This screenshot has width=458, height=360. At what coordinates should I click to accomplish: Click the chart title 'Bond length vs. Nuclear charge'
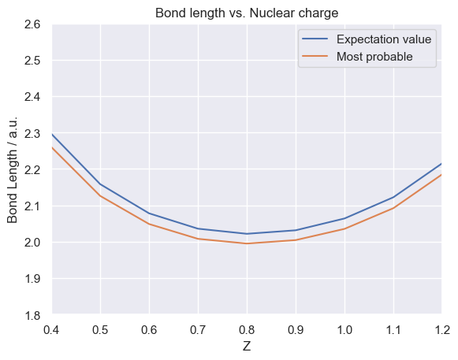[x=247, y=13]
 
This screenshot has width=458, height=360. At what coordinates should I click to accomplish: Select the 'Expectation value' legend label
[x=384, y=39]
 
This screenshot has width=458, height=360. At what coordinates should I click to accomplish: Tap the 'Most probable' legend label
[x=374, y=57]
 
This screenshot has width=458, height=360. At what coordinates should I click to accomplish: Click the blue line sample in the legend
[x=315, y=39]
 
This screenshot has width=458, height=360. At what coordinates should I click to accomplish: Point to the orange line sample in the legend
[x=315, y=56]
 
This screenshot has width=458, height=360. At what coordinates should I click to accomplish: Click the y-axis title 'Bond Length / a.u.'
[x=13, y=169]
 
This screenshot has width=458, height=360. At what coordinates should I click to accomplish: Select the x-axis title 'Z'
[x=247, y=347]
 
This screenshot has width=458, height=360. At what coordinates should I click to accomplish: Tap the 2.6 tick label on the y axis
[x=32, y=24]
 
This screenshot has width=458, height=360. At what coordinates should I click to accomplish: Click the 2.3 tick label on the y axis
[x=32, y=134]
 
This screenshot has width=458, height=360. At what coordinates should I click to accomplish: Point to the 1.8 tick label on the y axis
[x=32, y=315]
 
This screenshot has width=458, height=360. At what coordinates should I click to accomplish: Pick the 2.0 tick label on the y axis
[x=32, y=243]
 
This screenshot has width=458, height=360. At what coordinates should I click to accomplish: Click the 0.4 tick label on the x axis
[x=51, y=330]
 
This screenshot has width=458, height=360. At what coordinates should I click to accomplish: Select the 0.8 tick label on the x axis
[x=247, y=330]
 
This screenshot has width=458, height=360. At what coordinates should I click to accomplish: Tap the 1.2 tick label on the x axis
[x=442, y=330]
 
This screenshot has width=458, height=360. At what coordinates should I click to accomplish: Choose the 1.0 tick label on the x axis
[x=344, y=330]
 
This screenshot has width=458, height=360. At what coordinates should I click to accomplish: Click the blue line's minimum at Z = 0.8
[x=247, y=234]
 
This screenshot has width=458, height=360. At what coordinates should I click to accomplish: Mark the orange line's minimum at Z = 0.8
[x=247, y=243]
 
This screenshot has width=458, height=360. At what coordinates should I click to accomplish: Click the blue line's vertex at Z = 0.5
[x=100, y=184]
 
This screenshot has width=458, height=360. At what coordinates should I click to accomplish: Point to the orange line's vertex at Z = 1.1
[x=393, y=208]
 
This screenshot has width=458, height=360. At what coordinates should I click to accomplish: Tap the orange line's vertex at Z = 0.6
[x=149, y=224]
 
